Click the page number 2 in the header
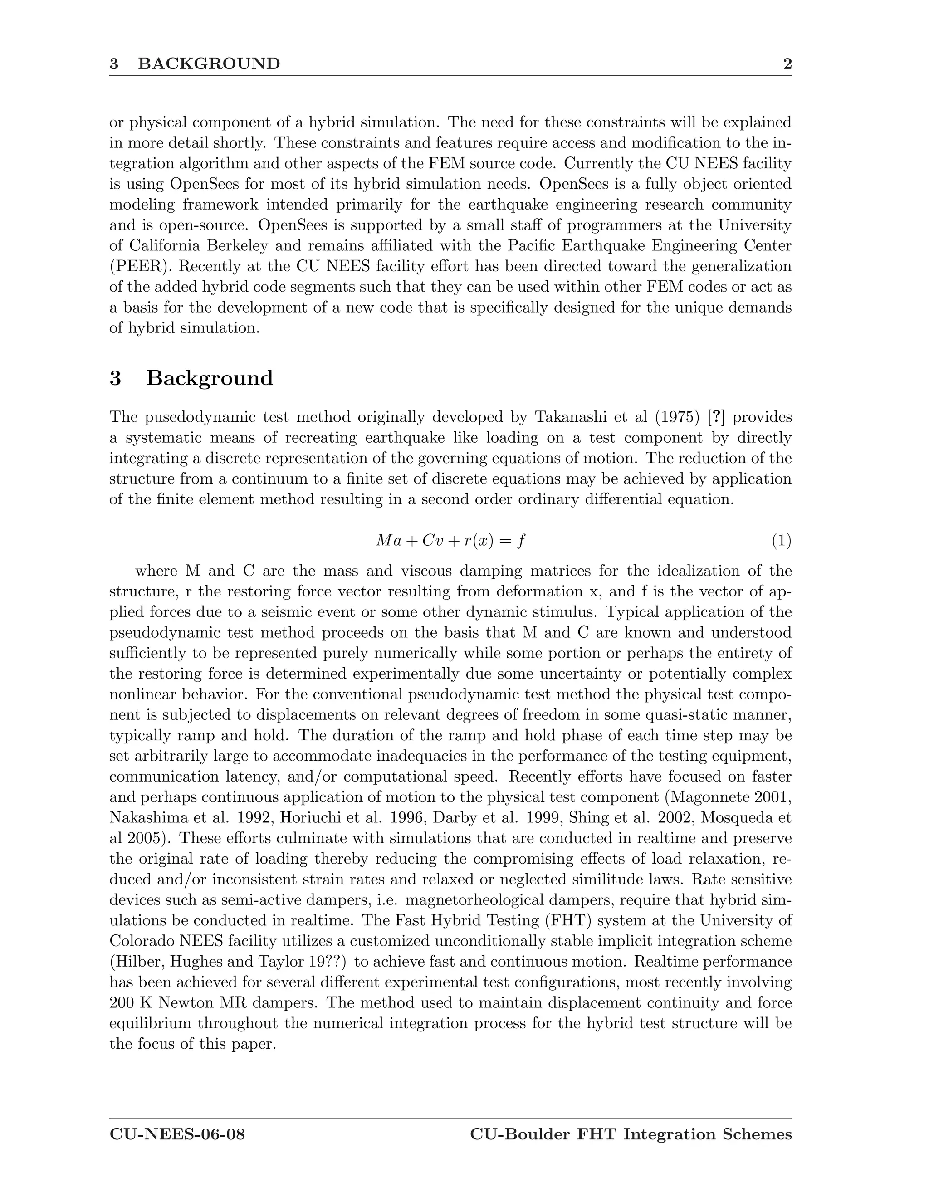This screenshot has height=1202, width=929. (x=787, y=64)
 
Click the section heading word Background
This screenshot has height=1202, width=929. (x=209, y=379)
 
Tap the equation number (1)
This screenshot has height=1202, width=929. (x=781, y=541)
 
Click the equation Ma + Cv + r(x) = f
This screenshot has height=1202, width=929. (x=450, y=541)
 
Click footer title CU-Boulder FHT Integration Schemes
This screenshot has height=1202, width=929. (x=631, y=1135)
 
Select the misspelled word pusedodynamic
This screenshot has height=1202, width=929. (x=206, y=417)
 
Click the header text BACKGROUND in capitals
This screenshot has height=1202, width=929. (x=209, y=64)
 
